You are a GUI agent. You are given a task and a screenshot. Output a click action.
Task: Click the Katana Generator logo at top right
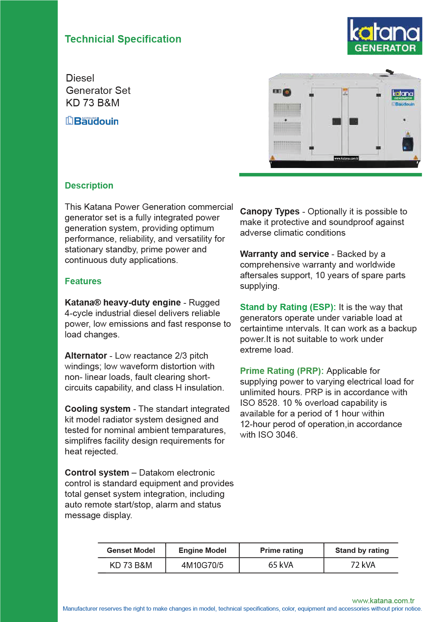(x=385, y=36)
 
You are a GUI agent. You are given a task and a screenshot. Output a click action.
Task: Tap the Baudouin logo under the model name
(x=92, y=121)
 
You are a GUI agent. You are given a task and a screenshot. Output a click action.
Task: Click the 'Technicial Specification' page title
(x=123, y=39)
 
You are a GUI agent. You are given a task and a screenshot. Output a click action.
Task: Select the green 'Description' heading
(x=89, y=185)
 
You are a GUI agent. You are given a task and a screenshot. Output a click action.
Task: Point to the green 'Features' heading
(x=83, y=281)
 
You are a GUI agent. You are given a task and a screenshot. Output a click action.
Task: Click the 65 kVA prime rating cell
(x=281, y=565)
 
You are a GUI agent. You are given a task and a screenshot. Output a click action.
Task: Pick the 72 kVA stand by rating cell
(x=363, y=565)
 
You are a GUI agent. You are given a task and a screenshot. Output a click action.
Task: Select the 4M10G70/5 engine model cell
(x=202, y=565)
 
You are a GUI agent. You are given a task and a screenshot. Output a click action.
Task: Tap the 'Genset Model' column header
(x=131, y=550)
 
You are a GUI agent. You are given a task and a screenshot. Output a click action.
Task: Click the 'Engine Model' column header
(x=202, y=550)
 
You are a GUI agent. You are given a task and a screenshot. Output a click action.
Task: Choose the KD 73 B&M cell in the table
(x=131, y=565)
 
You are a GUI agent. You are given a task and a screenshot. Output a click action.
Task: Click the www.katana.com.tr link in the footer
(x=383, y=601)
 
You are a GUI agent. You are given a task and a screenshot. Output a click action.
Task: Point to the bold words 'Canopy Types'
(x=270, y=212)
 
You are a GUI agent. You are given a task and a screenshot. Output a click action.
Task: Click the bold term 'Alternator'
(x=86, y=355)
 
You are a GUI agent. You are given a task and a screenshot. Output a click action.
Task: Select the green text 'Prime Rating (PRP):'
(x=282, y=371)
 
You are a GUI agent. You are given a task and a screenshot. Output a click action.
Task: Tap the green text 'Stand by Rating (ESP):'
(x=288, y=307)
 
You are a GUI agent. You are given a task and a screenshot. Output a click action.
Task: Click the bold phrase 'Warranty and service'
(x=284, y=254)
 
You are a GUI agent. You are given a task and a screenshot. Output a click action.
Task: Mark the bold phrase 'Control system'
(x=97, y=472)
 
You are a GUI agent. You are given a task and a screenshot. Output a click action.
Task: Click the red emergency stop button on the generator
(x=287, y=93)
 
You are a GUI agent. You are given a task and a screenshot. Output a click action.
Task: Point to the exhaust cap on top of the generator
(x=389, y=72)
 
